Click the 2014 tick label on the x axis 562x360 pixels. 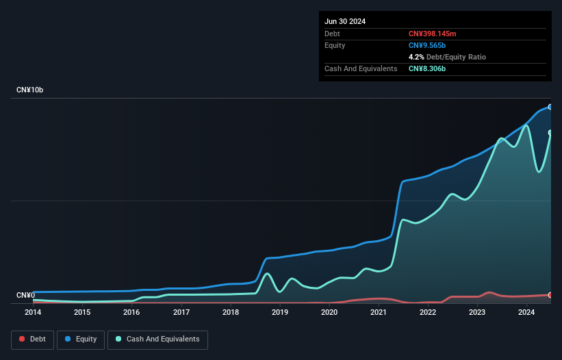(x=33, y=313)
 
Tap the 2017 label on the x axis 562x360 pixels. (x=181, y=313)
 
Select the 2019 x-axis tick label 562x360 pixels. (x=280, y=313)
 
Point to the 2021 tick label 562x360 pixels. (x=379, y=313)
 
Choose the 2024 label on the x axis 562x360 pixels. (x=526, y=313)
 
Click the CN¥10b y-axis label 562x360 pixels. (x=30, y=90)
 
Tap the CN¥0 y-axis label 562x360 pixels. (x=25, y=296)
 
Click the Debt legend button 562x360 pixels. (x=32, y=339)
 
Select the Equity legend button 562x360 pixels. (x=81, y=339)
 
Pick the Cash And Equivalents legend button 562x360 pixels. (x=157, y=339)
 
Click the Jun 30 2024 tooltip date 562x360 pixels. (x=345, y=21)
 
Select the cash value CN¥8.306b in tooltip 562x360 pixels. (x=428, y=68)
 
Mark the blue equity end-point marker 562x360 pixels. (x=550, y=107)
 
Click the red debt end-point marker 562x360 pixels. (x=550, y=295)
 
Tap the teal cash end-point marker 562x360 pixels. (x=550, y=133)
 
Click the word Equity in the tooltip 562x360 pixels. (x=335, y=45)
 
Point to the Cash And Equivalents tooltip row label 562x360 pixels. (x=361, y=68)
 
